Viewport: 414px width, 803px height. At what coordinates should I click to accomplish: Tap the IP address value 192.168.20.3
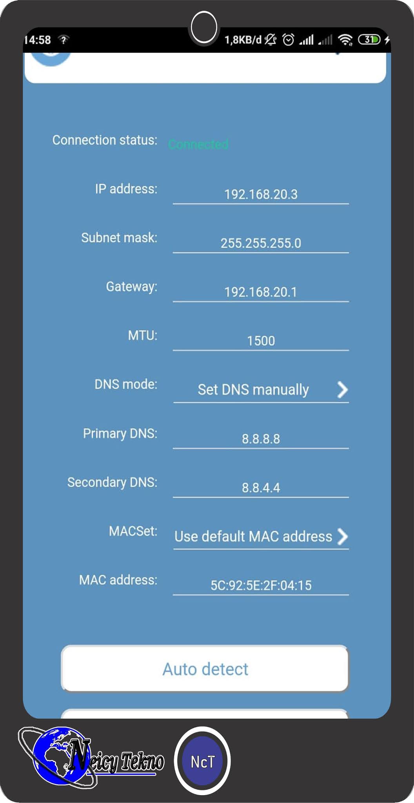point(261,194)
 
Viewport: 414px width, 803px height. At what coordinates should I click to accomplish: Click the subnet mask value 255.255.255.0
point(261,243)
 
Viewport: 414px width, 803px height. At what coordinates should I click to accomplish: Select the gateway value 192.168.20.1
point(261,292)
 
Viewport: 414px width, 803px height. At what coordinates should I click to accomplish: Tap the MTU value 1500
point(261,341)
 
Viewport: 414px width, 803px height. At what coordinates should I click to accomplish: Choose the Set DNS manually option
point(253,390)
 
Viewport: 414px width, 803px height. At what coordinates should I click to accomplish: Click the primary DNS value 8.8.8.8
point(261,439)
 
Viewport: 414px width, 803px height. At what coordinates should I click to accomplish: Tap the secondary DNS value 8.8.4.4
point(261,488)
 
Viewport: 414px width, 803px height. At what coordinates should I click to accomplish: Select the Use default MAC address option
point(253,536)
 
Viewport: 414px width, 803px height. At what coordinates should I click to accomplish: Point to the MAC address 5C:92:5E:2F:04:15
point(261,585)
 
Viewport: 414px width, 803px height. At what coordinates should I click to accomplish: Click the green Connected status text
point(198,144)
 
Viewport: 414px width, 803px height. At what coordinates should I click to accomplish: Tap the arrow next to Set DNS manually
point(342,390)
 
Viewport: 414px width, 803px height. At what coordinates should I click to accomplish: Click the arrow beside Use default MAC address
point(342,536)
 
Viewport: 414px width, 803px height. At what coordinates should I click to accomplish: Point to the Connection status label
point(105,140)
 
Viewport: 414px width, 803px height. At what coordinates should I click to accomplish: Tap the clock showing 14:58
point(38,40)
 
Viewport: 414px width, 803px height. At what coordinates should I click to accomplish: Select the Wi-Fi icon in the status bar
point(345,40)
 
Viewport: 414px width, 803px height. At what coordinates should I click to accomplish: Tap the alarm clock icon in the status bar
point(288,40)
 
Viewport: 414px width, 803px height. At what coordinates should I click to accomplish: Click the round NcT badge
point(202,761)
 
